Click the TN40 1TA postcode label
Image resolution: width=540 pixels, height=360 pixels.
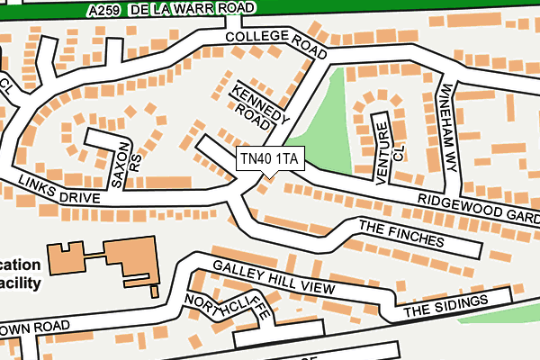270,159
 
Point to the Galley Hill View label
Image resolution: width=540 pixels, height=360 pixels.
273,277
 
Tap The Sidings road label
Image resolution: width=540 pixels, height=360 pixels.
445,305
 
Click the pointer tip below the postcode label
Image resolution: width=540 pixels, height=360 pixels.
262,176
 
